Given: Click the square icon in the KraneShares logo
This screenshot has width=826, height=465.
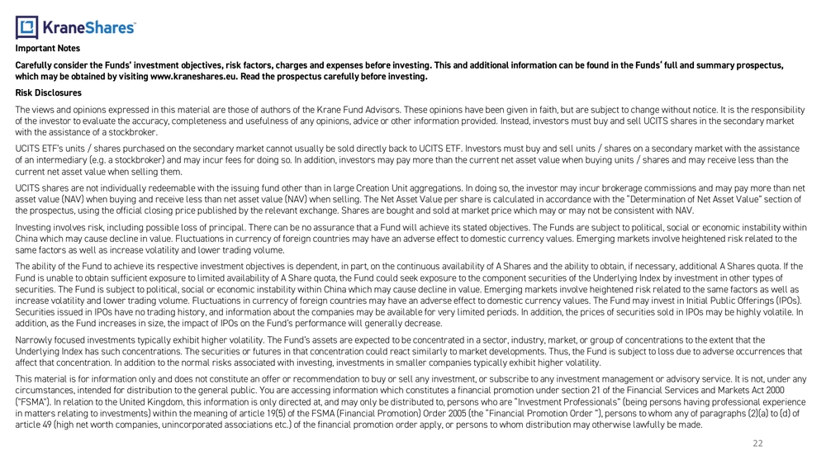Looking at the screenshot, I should [26, 27].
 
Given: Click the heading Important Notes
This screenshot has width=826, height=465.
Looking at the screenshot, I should [48, 49].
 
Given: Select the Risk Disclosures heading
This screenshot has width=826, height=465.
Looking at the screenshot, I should [48, 93].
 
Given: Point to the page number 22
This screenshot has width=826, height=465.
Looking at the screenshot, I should [757, 444].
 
